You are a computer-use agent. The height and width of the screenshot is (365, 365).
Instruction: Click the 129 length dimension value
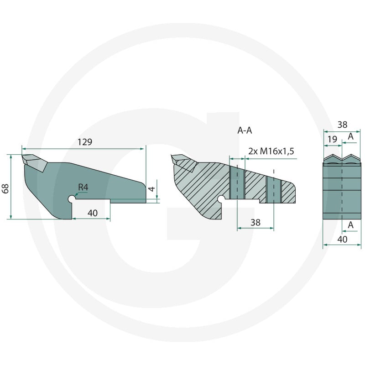tap(85, 142)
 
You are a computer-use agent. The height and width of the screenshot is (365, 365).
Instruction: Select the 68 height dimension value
tap(5, 188)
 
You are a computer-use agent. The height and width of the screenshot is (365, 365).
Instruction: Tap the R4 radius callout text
tap(83, 187)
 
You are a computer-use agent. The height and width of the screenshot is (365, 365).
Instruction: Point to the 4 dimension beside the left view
tap(151, 189)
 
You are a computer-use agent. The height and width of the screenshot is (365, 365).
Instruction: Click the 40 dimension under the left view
tap(93, 213)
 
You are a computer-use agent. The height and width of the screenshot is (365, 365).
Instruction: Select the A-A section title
tap(245, 130)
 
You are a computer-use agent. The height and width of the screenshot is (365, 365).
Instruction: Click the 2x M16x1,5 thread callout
tap(271, 151)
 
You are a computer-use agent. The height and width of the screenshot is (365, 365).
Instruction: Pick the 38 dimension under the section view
tap(255, 223)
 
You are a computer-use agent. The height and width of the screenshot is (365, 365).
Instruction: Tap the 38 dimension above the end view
tap(342, 125)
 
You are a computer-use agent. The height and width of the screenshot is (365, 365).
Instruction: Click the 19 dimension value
tap(332, 139)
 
